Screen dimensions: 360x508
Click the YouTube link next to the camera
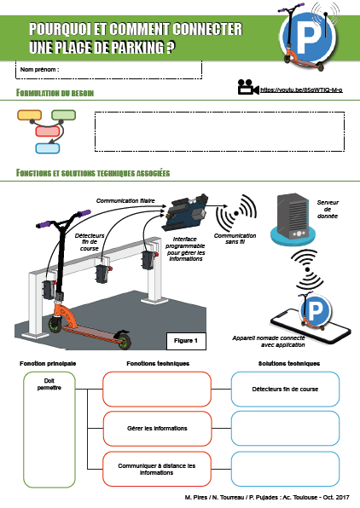click(x=301, y=89)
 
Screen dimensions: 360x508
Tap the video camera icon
click(x=248, y=87)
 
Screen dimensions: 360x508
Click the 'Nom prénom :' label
click(x=39, y=69)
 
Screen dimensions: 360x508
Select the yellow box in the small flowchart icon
click(x=29, y=115)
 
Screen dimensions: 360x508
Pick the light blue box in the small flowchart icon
click(x=48, y=148)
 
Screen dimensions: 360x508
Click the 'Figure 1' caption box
click(x=186, y=341)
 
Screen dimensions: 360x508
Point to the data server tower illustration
click(x=293, y=219)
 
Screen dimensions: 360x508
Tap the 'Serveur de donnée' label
click(x=328, y=209)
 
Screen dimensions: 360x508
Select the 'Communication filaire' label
click(x=125, y=201)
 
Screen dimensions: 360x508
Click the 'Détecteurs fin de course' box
click(x=285, y=390)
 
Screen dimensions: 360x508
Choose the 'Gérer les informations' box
click(x=157, y=428)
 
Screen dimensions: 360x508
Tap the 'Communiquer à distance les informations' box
click(x=157, y=469)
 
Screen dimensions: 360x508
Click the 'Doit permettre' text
click(x=49, y=384)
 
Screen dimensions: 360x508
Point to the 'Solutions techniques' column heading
click(x=289, y=363)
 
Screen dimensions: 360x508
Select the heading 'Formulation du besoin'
click(x=55, y=93)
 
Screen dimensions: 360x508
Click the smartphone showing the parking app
click(x=311, y=324)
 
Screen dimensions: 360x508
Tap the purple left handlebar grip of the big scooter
click(x=44, y=224)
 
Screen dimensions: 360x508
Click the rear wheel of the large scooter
click(x=124, y=340)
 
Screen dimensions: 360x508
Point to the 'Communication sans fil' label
click(x=235, y=239)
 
